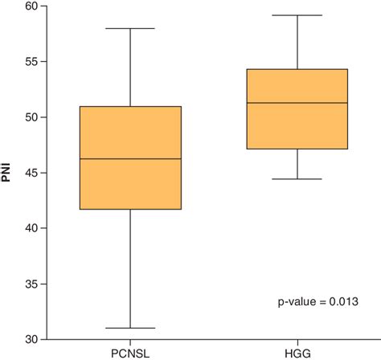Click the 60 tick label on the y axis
click(x=31, y=6)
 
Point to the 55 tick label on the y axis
click(x=31, y=62)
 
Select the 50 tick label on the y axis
click(x=31, y=117)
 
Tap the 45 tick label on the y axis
click(x=31, y=173)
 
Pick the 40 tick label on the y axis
click(x=31, y=228)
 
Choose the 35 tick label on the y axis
click(x=31, y=284)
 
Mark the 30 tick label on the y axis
click(x=31, y=339)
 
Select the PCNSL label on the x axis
click(x=130, y=352)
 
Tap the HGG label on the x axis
click(x=297, y=352)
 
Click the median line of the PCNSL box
click(x=130, y=159)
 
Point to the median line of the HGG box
click(x=297, y=103)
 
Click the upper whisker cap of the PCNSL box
click(x=130, y=28)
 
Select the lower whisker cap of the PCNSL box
click(x=130, y=328)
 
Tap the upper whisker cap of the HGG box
click(x=297, y=15)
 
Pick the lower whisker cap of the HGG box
click(x=297, y=178)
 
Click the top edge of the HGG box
click(x=297, y=69)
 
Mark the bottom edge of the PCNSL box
click(x=130, y=209)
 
